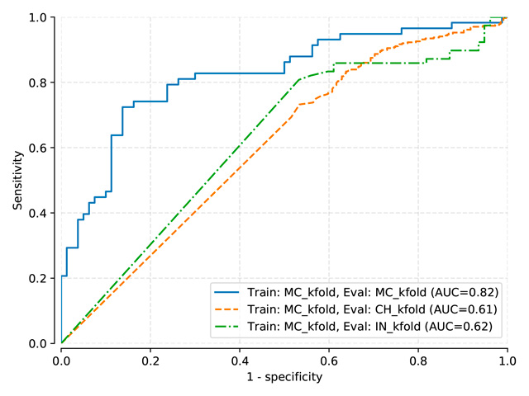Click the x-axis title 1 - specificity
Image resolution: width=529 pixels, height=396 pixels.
284,377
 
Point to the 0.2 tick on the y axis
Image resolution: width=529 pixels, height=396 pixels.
43,278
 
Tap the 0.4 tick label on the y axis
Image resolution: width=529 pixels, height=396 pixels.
43,213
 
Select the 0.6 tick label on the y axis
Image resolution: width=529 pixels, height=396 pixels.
43,148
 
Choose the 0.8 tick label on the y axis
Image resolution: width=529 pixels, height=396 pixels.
43,82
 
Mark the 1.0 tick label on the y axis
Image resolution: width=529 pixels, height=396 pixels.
43,17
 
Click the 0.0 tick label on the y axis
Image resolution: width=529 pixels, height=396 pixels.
43,343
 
